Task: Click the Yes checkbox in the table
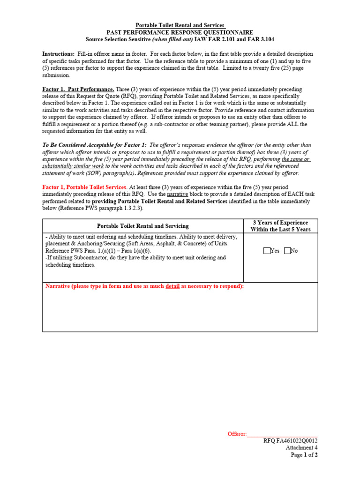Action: tap(267, 251)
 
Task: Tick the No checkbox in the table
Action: tap(287, 251)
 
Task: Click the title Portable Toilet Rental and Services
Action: tap(180, 25)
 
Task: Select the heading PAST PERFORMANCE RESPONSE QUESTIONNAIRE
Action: tap(180, 32)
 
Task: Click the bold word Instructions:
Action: tap(59, 54)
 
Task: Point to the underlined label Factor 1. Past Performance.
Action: tap(78, 89)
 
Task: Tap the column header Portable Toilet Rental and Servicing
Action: tap(142, 226)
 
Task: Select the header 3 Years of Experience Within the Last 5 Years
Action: tap(280, 226)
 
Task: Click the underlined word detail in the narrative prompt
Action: tap(172, 286)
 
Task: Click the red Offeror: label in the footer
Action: tap(237, 434)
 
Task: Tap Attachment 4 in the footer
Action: tap(302, 448)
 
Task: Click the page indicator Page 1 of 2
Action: tap(304, 455)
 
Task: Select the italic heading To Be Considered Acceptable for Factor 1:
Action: tap(94, 145)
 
